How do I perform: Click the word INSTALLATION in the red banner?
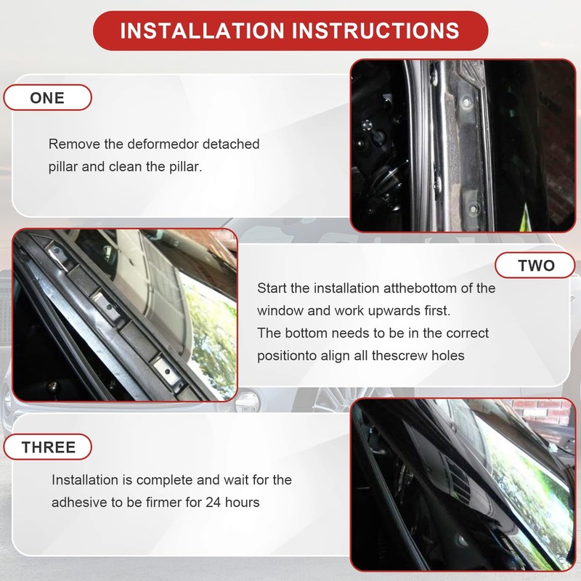[x=202, y=31]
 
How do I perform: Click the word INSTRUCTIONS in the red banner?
[x=375, y=31]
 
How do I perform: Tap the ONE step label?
[x=47, y=98]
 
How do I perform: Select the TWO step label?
[x=535, y=265]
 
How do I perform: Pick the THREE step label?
[x=48, y=447]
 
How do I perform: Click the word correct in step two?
[x=467, y=333]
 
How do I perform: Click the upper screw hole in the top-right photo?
[x=467, y=101]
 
